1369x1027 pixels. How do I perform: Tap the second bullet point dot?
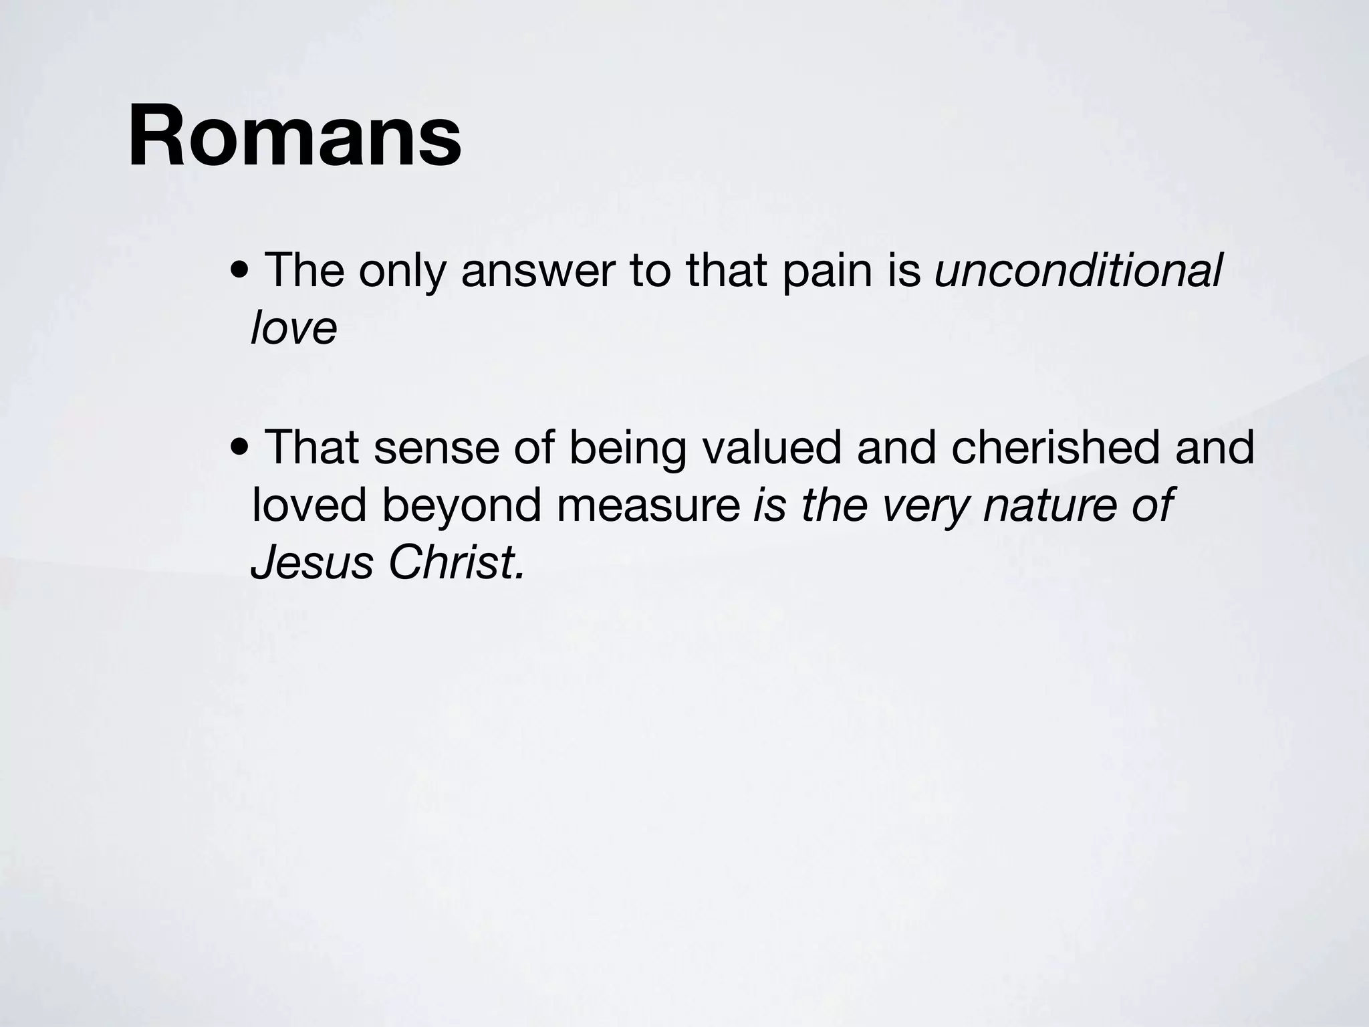tap(239, 448)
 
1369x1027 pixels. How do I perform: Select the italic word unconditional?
tap(1078, 272)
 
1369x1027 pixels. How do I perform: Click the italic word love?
tap(293, 329)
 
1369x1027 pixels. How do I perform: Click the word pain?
tap(827, 272)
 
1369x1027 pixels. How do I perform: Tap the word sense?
tap(436, 448)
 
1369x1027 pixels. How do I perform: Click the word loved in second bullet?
tap(309, 505)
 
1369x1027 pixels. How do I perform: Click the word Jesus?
tap(312, 562)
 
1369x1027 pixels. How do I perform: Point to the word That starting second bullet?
tap(312, 448)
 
